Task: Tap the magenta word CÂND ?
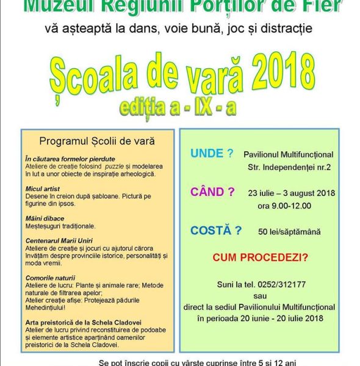pyautogui.click(x=212, y=192)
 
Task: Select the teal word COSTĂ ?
pyautogui.click(x=216, y=230)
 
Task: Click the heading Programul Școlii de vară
pyautogui.click(x=97, y=141)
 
